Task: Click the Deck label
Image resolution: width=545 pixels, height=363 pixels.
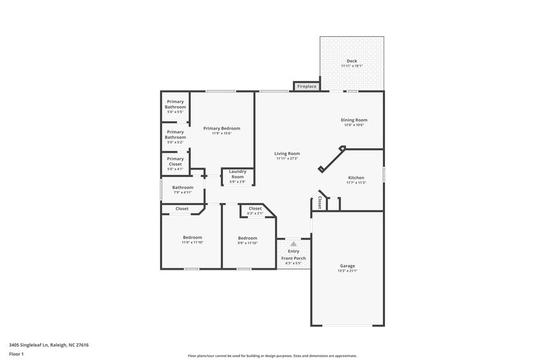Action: [352, 61]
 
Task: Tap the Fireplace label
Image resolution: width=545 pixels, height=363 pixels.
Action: [306, 87]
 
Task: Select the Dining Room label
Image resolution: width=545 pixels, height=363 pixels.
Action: [354, 120]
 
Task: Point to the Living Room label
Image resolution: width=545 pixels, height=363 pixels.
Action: [287, 153]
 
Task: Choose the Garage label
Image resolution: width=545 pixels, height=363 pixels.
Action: [347, 266]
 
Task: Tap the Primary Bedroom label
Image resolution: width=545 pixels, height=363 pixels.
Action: [221, 128]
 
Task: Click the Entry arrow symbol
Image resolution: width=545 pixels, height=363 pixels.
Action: [293, 243]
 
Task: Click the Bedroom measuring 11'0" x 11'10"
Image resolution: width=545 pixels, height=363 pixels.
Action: [192, 242]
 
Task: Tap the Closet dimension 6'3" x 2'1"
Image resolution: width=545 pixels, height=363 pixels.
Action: [255, 214]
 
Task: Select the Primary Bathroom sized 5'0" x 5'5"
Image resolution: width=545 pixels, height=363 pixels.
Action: [175, 111]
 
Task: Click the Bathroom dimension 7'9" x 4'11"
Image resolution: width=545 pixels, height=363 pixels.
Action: [183, 193]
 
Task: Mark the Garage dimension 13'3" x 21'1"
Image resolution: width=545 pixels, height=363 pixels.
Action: [347, 271]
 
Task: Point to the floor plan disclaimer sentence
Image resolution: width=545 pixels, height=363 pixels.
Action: [272, 356]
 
